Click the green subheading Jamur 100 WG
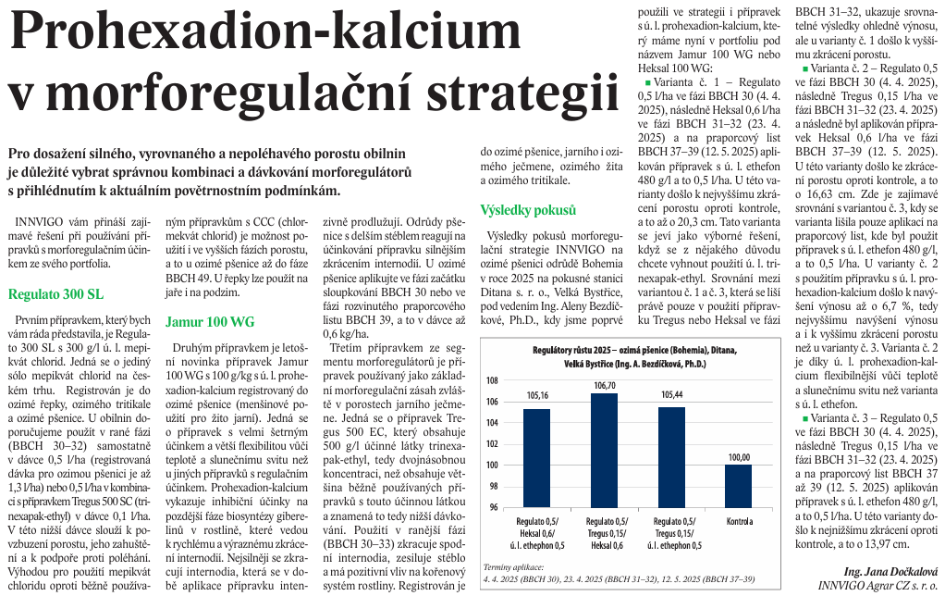pyautogui.click(x=209, y=322)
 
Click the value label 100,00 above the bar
pyautogui.click(x=738, y=457)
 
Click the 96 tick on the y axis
pyautogui.click(x=493, y=507)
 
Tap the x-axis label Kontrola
pyautogui.click(x=738, y=522)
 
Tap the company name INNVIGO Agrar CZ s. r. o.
pyautogui.click(x=877, y=585)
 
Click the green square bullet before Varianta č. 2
pyautogui.click(x=805, y=69)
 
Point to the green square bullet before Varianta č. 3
pyautogui.click(x=805, y=419)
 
